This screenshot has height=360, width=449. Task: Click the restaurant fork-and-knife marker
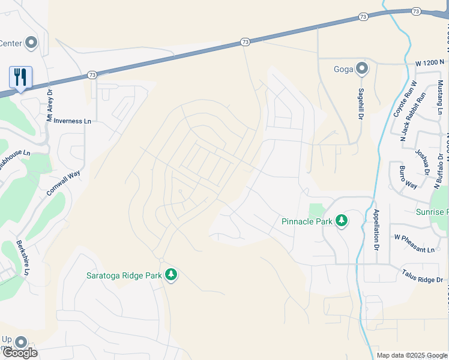(20, 77)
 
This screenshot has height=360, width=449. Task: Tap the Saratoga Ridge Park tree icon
(171, 275)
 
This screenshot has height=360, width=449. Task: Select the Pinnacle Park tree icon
(342, 221)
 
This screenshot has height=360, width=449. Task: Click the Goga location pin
(361, 68)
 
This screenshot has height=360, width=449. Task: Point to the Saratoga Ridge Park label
(124, 275)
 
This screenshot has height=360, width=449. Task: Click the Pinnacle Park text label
(307, 221)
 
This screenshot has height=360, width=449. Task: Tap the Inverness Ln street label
(72, 121)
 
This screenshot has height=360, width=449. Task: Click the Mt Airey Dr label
(50, 106)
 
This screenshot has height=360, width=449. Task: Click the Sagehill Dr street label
(361, 103)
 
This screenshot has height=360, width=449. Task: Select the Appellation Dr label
(376, 230)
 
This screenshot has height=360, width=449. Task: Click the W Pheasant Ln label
(414, 250)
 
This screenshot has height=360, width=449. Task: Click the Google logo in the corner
(20, 353)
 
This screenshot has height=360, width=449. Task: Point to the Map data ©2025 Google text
(412, 355)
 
